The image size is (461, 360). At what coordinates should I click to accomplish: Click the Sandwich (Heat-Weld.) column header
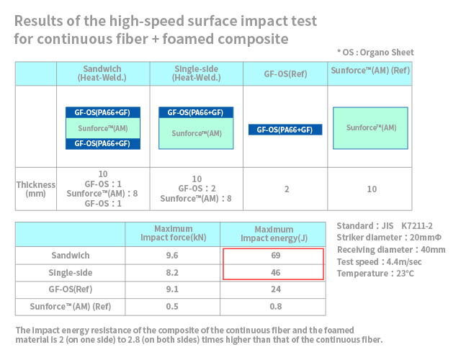(102, 73)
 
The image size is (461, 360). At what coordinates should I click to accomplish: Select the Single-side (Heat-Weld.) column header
(196, 73)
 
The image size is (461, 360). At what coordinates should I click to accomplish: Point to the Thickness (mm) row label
(36, 189)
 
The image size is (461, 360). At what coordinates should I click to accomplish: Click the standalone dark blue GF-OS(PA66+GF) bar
(285, 130)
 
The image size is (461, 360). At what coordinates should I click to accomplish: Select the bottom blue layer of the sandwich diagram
(102, 143)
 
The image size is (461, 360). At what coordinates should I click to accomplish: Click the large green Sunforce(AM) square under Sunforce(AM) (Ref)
(371, 128)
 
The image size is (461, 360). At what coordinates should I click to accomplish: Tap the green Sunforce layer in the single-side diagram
(196, 133)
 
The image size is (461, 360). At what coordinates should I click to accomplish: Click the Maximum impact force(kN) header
(172, 233)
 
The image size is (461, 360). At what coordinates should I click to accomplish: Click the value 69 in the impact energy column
(275, 256)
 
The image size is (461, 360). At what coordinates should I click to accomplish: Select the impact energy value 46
(275, 274)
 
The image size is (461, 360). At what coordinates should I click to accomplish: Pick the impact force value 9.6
(172, 256)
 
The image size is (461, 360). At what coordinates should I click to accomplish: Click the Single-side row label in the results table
(70, 274)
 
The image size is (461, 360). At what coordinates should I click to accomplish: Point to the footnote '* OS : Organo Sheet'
(375, 53)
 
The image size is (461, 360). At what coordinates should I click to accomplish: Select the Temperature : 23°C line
(375, 274)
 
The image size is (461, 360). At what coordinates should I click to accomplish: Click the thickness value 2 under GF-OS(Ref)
(286, 189)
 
